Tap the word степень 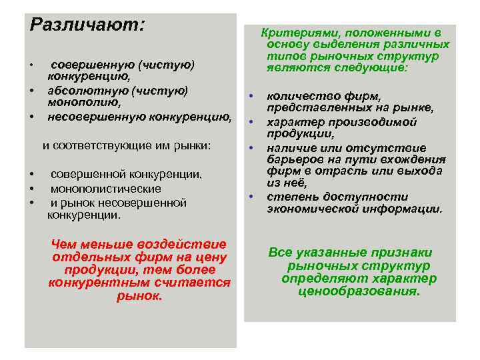289,197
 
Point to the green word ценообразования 359,291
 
